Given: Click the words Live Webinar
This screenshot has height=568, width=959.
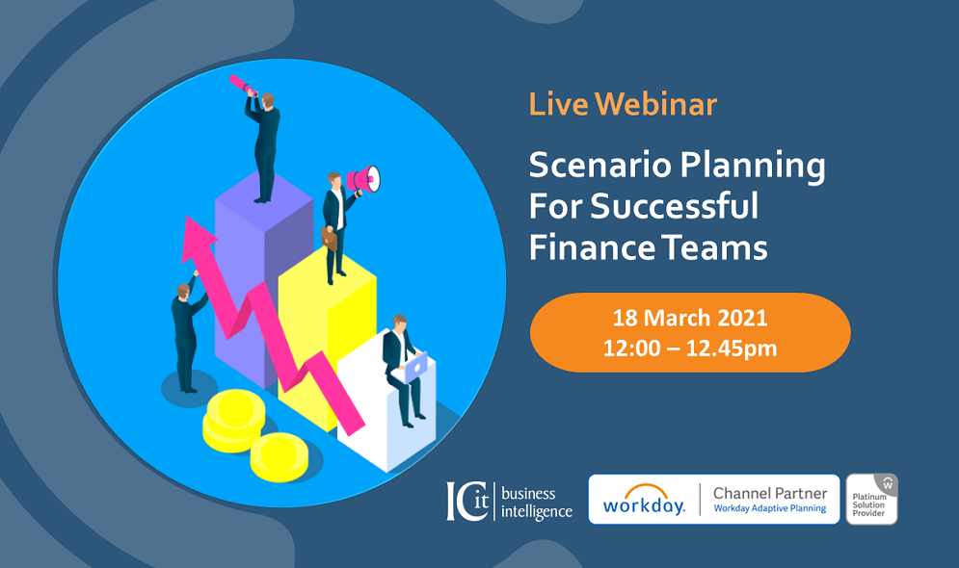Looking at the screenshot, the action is [623, 104].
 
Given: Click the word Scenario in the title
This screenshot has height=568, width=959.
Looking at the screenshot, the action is [600, 165].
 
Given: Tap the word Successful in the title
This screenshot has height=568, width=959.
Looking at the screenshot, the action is [674, 206].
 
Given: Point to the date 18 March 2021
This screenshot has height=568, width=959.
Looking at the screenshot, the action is [690, 318].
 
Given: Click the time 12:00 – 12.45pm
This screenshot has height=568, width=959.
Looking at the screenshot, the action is [690, 349].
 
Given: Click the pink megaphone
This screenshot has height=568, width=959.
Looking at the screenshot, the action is [364, 179].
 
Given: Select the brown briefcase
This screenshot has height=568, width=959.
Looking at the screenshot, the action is [329, 239].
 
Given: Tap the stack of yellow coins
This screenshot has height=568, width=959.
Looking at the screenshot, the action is [233, 422].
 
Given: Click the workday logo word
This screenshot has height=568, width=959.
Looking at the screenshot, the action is [644, 501].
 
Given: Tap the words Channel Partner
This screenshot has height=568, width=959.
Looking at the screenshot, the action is [770, 493].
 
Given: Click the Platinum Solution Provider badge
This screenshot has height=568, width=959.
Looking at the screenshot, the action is [871, 499].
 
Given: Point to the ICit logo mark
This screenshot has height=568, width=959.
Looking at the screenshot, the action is [468, 501].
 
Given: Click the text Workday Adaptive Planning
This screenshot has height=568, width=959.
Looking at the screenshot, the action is [770, 508].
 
